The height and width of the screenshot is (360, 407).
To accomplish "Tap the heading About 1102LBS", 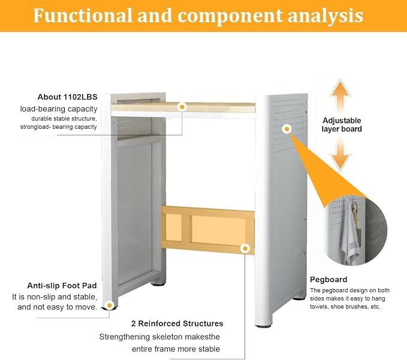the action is point(68,97).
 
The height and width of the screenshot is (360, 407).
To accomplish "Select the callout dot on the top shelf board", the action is point(182,107).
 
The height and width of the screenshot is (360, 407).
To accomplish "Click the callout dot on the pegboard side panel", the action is point(287,129).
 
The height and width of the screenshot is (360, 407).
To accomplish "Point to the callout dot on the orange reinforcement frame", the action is point(245,249).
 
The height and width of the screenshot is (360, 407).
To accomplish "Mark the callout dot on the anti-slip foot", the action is point(110,305).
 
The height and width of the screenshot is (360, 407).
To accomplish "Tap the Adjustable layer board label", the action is point(342,125).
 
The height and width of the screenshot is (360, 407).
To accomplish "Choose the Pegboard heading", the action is point(328,279).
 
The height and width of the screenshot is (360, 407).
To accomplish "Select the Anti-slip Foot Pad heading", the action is point(62,286).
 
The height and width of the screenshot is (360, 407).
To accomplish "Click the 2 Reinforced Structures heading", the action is point(177,323).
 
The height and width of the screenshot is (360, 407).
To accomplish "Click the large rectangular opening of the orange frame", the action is point(219,230).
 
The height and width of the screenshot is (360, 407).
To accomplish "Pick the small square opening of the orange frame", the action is point(173,227).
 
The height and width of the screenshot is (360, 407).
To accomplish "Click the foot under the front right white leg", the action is point(263,325).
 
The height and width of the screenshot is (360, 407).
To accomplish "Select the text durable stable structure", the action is point(64,119).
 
